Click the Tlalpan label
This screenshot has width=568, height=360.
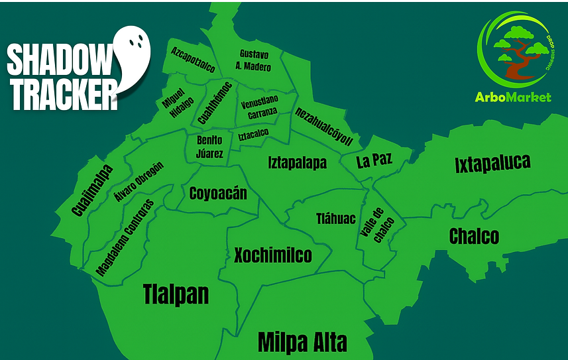point(176,294)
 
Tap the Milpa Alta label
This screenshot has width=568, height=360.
point(302,342)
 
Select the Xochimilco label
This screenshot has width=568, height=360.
point(272,255)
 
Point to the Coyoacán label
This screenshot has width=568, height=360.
point(218,194)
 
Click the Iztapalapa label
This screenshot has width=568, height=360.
point(298,162)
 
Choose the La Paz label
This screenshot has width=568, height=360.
point(374,161)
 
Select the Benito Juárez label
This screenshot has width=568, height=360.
point(209,147)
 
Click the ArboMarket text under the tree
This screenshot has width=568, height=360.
point(513,97)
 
